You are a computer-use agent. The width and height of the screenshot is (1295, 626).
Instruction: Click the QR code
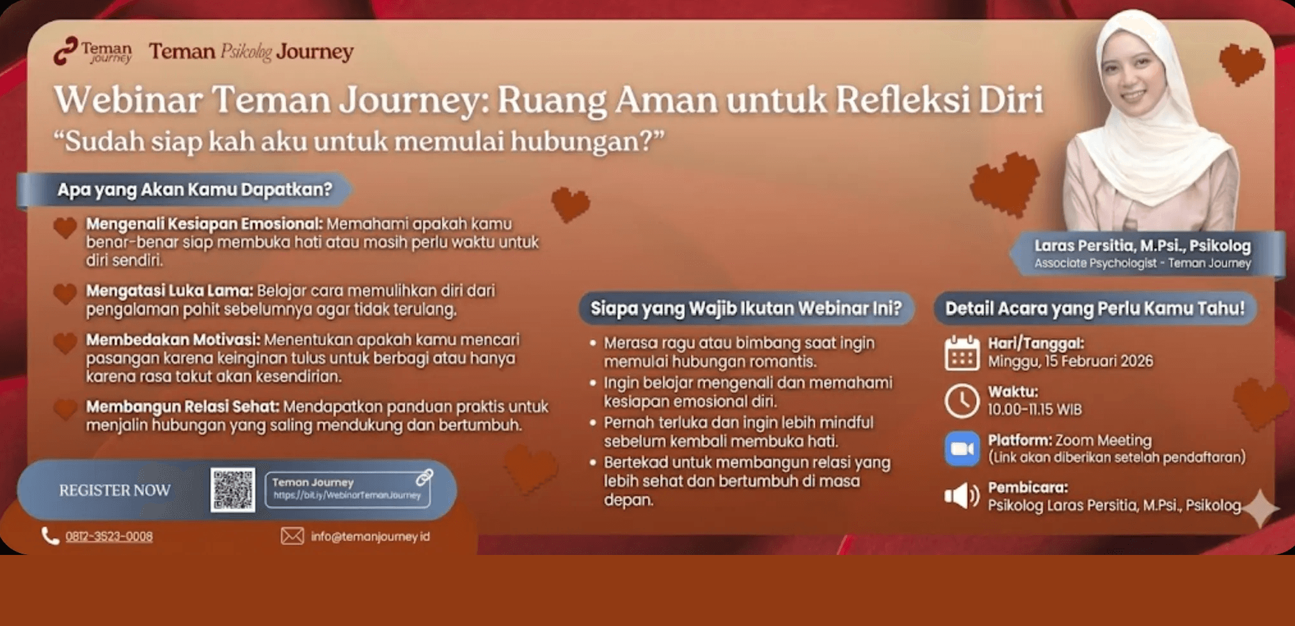tap(233, 490)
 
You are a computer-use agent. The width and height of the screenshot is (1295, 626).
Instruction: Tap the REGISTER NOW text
tap(115, 490)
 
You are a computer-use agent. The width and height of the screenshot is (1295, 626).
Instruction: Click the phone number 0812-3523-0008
tap(109, 536)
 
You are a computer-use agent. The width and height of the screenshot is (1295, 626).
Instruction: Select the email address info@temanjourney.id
tap(370, 536)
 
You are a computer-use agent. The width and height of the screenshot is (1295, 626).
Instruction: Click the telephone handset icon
tap(50, 536)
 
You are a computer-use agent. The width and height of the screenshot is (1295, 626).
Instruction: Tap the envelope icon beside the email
tap(292, 536)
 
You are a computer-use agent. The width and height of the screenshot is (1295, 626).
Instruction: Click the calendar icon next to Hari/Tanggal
tap(962, 353)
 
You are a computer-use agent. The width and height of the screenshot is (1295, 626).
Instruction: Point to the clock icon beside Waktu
tap(962, 401)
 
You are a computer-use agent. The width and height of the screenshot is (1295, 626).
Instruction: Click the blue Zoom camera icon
tap(962, 449)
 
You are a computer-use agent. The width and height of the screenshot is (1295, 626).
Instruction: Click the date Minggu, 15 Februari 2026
tap(1070, 362)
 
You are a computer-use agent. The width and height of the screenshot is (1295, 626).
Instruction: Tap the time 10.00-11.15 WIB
tap(1035, 410)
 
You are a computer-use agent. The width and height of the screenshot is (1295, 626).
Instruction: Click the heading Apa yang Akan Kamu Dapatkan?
tap(195, 189)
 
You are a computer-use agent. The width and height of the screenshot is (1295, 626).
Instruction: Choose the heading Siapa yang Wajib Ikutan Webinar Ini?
tap(745, 309)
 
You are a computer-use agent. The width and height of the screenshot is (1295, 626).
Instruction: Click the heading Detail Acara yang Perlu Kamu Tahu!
tap(1095, 309)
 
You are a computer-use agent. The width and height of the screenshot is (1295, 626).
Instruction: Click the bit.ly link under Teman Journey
tap(347, 495)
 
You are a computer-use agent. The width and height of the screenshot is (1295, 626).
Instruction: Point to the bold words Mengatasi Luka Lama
tap(170, 291)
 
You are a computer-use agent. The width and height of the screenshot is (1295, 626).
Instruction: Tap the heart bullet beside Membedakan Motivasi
tap(65, 343)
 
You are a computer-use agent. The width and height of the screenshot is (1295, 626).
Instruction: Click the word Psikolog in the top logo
tap(246, 52)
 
